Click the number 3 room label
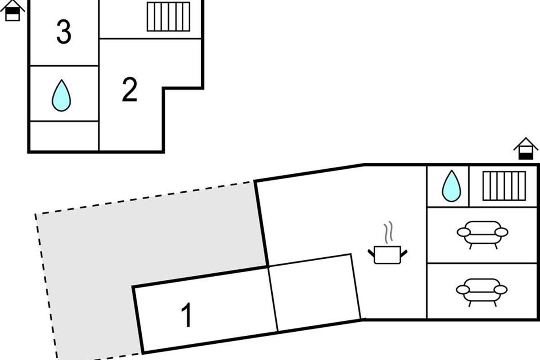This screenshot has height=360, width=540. (64, 32)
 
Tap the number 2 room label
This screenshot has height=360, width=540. (130, 90)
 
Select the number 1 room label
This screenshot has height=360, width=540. (187, 315)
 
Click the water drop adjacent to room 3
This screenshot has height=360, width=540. (61, 95)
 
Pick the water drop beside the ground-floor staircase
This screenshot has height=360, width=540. (451, 186)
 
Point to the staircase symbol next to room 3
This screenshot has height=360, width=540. (168, 17)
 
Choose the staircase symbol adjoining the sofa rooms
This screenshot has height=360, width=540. (504, 186)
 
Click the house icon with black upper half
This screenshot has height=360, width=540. (12, 11)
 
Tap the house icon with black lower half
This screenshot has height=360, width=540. (526, 148)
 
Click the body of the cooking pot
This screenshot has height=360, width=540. (387, 255)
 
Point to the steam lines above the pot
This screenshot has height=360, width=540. (388, 233)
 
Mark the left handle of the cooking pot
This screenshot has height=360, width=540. (371, 253)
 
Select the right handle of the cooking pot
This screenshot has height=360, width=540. (404, 253)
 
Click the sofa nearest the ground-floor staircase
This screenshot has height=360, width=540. (482, 234)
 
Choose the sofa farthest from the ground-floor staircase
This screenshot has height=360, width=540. (481, 292)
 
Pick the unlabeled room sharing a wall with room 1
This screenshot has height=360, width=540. (315, 292)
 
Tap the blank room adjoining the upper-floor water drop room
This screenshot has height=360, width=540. (64, 136)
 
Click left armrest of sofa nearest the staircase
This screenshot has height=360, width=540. (463, 233)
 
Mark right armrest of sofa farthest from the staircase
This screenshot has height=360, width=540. (500, 290)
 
